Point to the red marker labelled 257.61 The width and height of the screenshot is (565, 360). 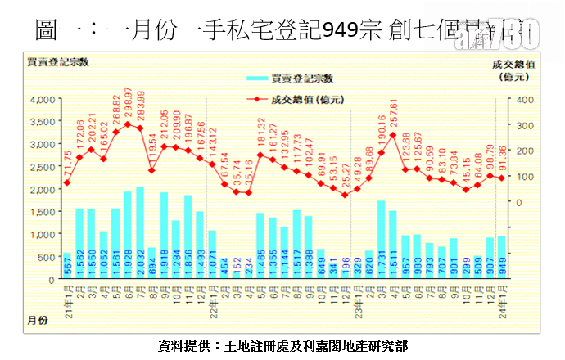point(393,135)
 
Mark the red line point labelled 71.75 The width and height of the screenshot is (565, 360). point(67,182)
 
